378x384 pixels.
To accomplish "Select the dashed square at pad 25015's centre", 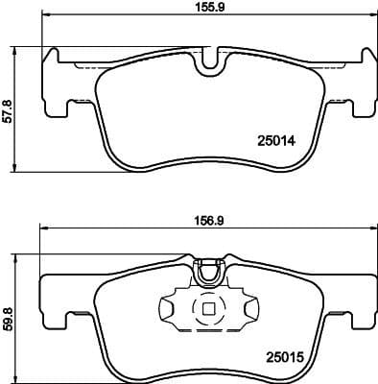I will coord(206,310).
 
